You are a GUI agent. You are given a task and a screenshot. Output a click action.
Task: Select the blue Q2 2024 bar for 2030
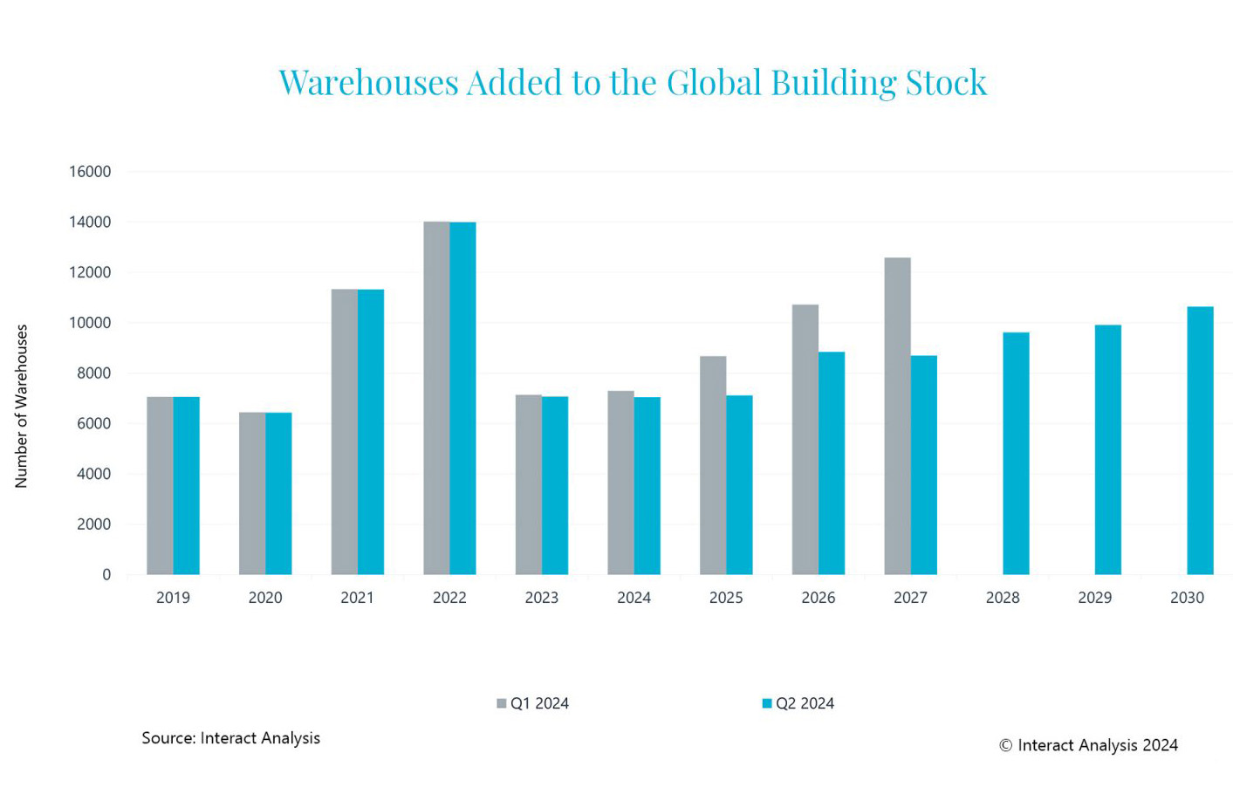tap(1200, 441)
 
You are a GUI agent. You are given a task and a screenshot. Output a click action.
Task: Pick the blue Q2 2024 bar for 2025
tap(739, 485)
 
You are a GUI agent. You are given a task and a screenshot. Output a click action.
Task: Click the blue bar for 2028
tap(1016, 454)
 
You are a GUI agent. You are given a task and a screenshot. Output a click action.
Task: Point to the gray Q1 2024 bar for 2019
tap(160, 486)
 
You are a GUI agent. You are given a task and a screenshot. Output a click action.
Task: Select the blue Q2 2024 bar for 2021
tap(371, 432)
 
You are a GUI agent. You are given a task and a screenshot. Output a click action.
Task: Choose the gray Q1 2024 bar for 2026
tap(805, 440)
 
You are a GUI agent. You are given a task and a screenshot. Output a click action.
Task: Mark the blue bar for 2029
tap(1107, 450)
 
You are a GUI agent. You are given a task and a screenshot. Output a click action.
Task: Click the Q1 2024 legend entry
tap(533, 703)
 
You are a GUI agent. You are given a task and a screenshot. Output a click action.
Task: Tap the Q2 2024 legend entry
tap(798, 703)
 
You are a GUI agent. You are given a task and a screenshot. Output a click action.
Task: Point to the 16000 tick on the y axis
tap(90, 172)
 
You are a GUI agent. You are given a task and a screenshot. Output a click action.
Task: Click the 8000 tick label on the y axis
tap(94, 373)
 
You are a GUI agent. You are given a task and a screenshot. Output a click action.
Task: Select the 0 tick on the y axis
tap(106, 575)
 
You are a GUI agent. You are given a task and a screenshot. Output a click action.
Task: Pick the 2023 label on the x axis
tap(541, 598)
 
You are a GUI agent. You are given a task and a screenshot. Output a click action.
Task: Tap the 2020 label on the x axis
tap(265, 598)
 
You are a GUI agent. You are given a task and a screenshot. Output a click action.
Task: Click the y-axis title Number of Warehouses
tap(22, 406)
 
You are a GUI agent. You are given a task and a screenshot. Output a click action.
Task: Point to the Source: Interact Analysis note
tap(230, 738)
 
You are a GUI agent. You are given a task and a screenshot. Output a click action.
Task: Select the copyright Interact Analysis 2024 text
tap(1088, 745)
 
